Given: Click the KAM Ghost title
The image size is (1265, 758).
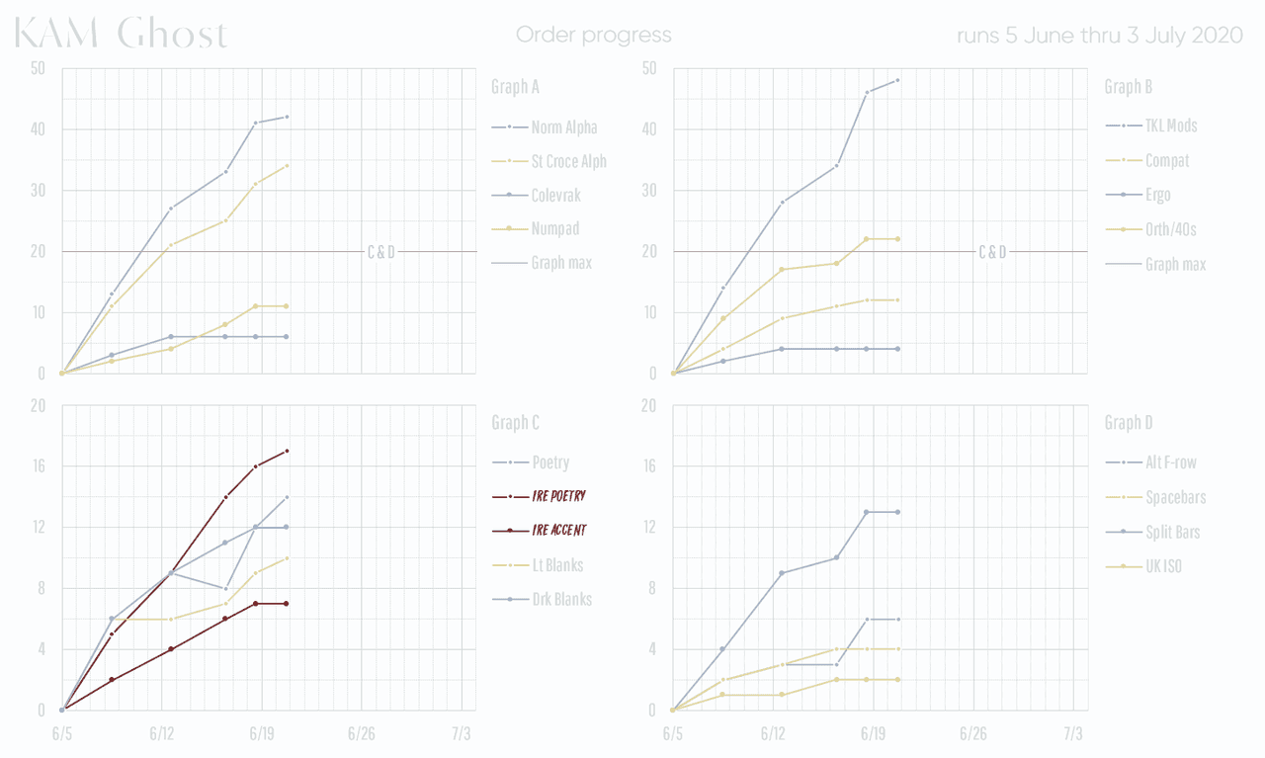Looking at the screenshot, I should [x=122, y=35].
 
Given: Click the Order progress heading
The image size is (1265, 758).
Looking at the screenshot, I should [x=593, y=36].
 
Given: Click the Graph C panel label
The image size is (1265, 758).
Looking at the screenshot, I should [x=515, y=423].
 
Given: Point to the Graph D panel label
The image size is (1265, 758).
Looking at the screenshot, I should [x=1128, y=423].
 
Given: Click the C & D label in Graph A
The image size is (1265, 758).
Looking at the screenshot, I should [x=381, y=252].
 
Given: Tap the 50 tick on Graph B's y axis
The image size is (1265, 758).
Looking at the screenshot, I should [x=649, y=68].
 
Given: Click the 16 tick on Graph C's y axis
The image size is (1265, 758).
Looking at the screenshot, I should [x=38, y=466].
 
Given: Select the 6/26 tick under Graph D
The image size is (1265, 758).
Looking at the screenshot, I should [x=972, y=734].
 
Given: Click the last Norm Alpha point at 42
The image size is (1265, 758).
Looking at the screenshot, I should [x=288, y=117].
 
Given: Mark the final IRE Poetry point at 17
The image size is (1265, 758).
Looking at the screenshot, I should [x=288, y=451].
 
